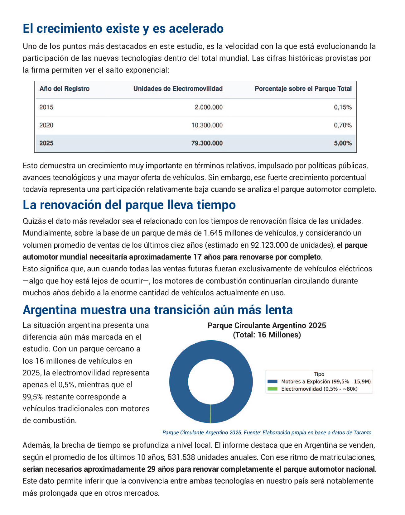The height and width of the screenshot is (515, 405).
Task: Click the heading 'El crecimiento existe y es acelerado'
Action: [x=123, y=29]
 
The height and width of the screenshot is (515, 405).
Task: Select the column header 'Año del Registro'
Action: [x=64, y=89]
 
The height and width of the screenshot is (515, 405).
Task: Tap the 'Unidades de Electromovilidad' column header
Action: [x=178, y=89]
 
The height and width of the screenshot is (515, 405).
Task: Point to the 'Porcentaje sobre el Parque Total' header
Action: [x=303, y=89]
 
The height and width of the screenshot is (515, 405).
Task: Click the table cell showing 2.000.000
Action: [x=209, y=107]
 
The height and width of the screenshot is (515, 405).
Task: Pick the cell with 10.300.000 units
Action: [x=207, y=125]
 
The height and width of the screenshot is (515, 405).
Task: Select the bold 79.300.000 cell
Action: [x=207, y=143]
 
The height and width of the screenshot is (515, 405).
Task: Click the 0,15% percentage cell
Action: [x=343, y=107]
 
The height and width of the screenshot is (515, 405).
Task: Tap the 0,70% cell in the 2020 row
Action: [x=343, y=125]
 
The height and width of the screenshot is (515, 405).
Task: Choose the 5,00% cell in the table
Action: [x=343, y=143]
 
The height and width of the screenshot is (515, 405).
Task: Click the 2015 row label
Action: [x=46, y=107]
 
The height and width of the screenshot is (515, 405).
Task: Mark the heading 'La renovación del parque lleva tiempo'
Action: [x=129, y=205]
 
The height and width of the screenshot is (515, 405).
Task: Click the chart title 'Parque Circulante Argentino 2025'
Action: [x=267, y=325]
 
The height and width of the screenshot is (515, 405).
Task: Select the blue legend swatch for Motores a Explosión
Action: [x=272, y=381]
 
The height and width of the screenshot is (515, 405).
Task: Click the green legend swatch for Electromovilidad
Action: [x=272, y=389]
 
